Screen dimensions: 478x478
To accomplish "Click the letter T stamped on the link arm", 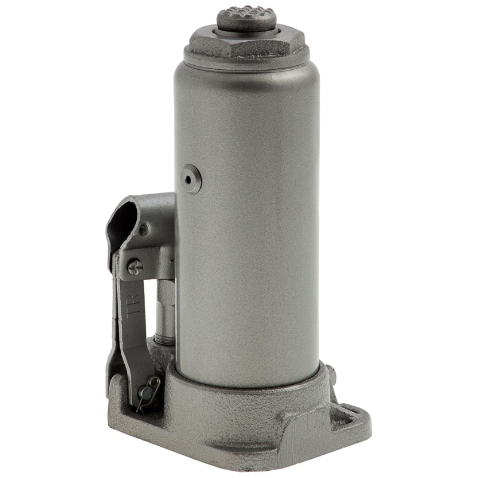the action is point(131,314).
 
